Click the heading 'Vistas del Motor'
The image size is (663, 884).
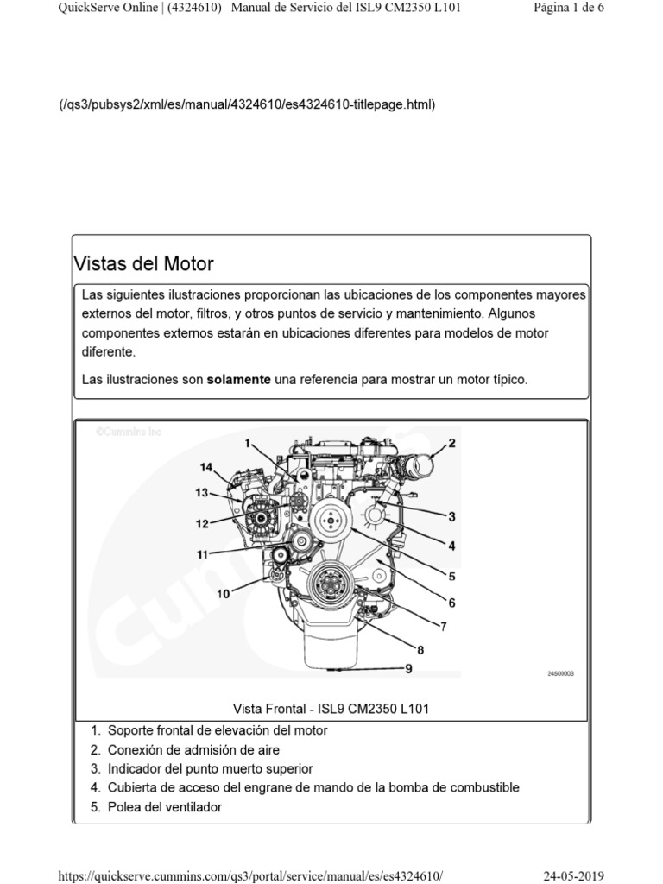coord(144,263)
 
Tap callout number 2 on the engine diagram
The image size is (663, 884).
coord(451,444)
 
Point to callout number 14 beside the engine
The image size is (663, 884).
coord(205,467)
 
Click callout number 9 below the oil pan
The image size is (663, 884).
coord(408,667)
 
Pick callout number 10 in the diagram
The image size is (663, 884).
coord(224,594)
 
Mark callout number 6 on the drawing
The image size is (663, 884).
coord(451,603)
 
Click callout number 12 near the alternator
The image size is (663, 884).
coord(201,523)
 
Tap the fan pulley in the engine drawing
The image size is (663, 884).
coord(326,519)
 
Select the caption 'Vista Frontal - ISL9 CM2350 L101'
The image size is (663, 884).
coord(331,709)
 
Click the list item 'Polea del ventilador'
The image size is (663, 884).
coord(164,807)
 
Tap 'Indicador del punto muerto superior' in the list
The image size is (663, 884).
coord(210,768)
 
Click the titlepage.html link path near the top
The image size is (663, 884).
coord(246,104)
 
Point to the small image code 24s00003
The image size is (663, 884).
coord(560,676)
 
